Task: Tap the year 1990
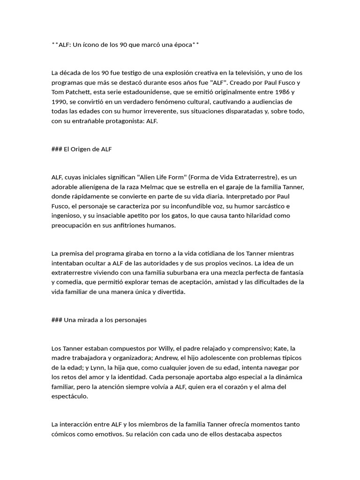60,102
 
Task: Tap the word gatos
176,216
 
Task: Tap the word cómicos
63,434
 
